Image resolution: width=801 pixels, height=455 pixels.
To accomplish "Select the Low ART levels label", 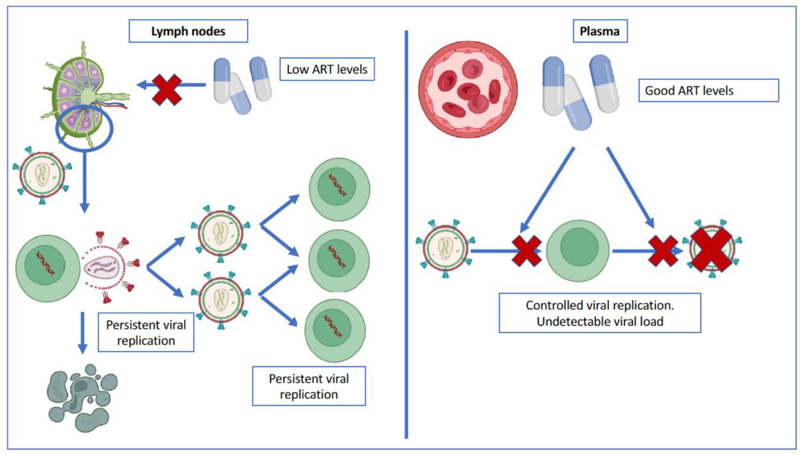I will coord(327,69).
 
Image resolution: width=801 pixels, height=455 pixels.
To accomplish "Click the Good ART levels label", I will coord(708,90).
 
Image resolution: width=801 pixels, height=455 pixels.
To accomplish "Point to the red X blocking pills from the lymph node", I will coord(167,90).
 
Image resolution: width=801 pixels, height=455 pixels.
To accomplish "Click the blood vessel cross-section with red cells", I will coord(468,89).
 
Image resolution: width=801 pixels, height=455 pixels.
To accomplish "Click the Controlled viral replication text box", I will coord(600,313).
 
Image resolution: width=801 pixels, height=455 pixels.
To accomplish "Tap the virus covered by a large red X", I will coord(711,249).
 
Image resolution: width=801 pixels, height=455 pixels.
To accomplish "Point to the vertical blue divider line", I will coord(406,234).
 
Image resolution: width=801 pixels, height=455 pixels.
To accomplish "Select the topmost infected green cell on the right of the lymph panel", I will coord(340,189).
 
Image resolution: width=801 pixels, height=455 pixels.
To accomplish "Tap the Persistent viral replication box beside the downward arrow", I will coord(146,332).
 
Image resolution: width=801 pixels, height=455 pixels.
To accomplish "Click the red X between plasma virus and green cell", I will coord(526,251).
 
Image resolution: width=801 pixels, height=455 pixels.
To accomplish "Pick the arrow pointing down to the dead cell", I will coord(83,333).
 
